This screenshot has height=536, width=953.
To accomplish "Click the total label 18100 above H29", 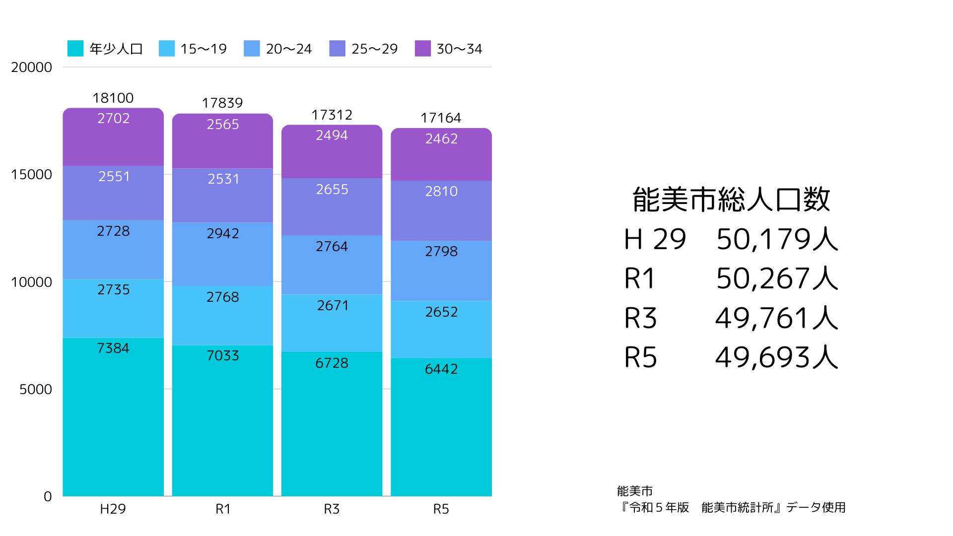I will pyautogui.click(x=113, y=98).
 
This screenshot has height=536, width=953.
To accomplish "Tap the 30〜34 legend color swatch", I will pyautogui.click(x=422, y=49).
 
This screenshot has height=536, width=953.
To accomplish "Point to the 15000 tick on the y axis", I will pyautogui.click(x=31, y=175).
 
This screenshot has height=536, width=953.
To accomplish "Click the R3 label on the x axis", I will pyautogui.click(x=332, y=509).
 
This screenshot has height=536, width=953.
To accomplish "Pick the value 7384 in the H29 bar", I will pyautogui.click(x=113, y=348).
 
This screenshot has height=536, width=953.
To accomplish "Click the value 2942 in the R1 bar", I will pyautogui.click(x=223, y=234).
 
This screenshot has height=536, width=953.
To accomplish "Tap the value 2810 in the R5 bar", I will pyautogui.click(x=441, y=192).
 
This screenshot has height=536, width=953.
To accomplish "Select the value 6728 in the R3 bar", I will pyautogui.click(x=332, y=363).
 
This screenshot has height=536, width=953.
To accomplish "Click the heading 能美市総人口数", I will pyautogui.click(x=731, y=200).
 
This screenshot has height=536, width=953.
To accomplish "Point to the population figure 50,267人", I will pyautogui.click(x=777, y=278).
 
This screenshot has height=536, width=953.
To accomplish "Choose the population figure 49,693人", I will pyautogui.click(x=777, y=357).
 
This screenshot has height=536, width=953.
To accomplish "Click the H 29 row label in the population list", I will pyautogui.click(x=655, y=239).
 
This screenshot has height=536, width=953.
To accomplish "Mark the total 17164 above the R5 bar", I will pyautogui.click(x=441, y=118).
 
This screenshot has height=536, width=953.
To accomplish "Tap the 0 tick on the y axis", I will pyautogui.click(x=48, y=496).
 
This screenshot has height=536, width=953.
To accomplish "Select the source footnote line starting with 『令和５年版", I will pyautogui.click(x=731, y=508).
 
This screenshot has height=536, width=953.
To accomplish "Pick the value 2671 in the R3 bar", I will pyautogui.click(x=333, y=306).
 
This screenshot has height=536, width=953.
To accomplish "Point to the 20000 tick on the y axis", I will pyautogui.click(x=31, y=67).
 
